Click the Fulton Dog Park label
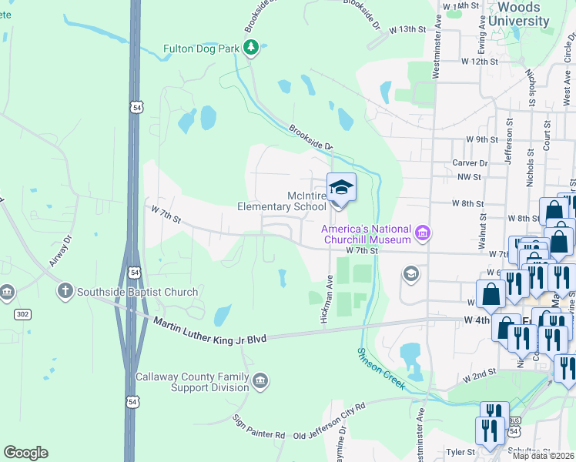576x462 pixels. [x=202, y=49]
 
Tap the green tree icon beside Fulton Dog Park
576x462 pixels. [x=250, y=49]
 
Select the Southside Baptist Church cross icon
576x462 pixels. [x=65, y=292]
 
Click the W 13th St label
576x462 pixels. [x=407, y=28]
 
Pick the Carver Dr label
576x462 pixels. [x=471, y=163]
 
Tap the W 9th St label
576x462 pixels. [x=482, y=139]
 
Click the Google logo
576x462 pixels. [x=25, y=453]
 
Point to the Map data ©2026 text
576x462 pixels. [x=542, y=456]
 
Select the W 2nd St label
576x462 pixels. [x=478, y=375]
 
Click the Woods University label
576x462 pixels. [x=514, y=14]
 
